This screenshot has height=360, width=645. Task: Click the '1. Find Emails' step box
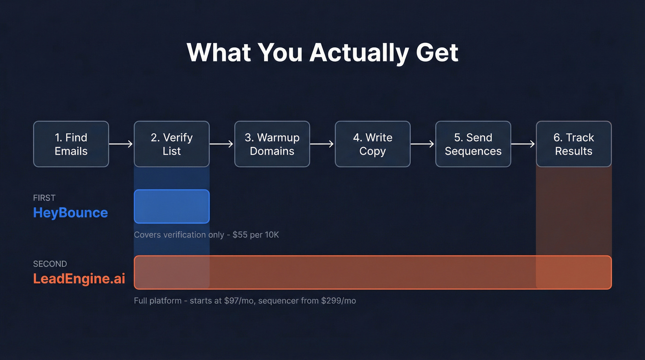[x=71, y=144]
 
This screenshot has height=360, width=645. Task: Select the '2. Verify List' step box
[x=171, y=144]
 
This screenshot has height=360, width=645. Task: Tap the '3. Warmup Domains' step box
[x=272, y=144]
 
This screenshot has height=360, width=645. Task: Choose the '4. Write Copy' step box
[x=372, y=144]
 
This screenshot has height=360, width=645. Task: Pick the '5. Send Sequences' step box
[x=473, y=144]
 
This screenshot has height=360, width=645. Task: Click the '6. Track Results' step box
[x=574, y=144]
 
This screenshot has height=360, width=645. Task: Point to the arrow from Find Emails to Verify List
[x=121, y=144]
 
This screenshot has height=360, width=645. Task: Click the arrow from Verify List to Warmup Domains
[x=222, y=144]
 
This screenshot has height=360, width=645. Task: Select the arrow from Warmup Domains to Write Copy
[x=322, y=144]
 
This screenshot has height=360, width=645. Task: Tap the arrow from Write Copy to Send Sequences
[x=422, y=144]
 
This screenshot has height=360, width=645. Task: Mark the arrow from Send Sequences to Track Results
[x=523, y=144]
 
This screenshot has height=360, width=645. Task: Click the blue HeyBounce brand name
[x=70, y=212]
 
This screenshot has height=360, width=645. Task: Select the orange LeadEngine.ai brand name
[x=79, y=278]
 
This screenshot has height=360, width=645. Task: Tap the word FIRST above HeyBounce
[x=44, y=198]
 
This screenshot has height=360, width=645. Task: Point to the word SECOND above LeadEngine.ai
[x=50, y=264]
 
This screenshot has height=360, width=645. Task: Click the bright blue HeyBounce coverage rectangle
[x=171, y=207]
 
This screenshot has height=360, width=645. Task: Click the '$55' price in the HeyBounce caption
[x=240, y=235]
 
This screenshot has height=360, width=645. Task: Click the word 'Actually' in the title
[x=359, y=53]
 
